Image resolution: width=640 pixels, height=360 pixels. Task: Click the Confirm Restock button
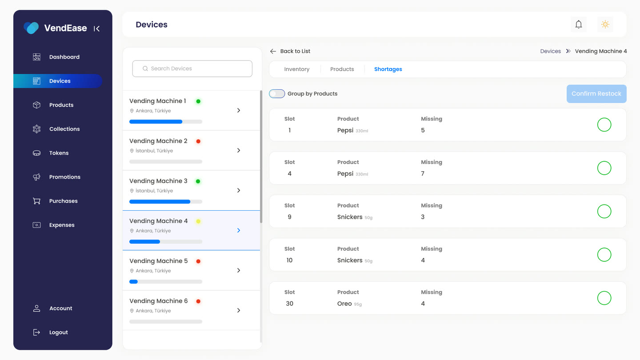pyautogui.click(x=596, y=94)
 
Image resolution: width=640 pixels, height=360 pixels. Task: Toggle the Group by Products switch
pyautogui.click(x=277, y=94)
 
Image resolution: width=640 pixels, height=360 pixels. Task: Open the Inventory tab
pyautogui.click(x=296, y=69)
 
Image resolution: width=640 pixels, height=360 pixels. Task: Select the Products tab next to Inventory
pyautogui.click(x=342, y=69)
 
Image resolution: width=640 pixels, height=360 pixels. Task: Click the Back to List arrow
pyautogui.click(x=273, y=51)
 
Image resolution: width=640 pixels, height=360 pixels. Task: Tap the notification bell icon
pyautogui.click(x=579, y=24)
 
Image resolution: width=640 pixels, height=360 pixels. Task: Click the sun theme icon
pyautogui.click(x=605, y=24)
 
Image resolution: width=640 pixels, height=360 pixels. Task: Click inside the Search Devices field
pyautogui.click(x=192, y=68)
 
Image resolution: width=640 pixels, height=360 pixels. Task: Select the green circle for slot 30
pyautogui.click(x=604, y=298)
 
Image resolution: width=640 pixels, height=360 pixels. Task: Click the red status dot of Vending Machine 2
pyautogui.click(x=198, y=141)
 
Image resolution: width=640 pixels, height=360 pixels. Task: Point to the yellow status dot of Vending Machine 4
pyautogui.click(x=198, y=221)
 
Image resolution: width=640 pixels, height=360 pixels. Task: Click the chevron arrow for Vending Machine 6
pyautogui.click(x=239, y=310)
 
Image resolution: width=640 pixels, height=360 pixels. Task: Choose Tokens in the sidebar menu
pyautogui.click(x=59, y=153)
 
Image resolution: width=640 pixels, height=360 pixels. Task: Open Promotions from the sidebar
pyautogui.click(x=65, y=177)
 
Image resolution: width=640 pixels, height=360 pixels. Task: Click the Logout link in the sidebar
pyautogui.click(x=58, y=332)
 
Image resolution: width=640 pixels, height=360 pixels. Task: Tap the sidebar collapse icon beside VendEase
pyautogui.click(x=96, y=28)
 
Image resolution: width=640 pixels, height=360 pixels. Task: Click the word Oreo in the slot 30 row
pyautogui.click(x=344, y=304)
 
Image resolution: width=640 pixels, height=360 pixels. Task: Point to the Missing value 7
pyautogui.click(x=423, y=173)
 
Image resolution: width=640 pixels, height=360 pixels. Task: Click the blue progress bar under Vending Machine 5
pyautogui.click(x=133, y=282)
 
